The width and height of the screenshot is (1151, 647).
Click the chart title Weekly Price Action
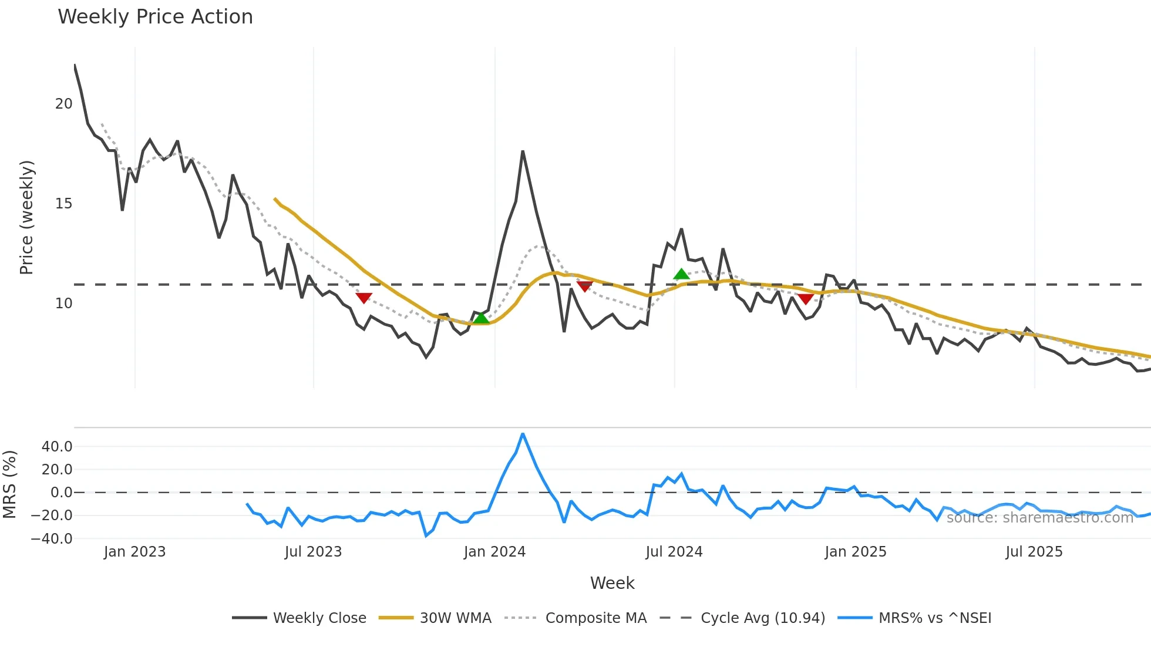pyautogui.click(x=155, y=17)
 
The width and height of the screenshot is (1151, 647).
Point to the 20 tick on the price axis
pyautogui.click(x=63, y=104)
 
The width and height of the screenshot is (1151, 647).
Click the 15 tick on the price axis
pyautogui.click(x=63, y=204)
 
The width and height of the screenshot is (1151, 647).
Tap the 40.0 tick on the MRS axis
pyautogui.click(x=57, y=447)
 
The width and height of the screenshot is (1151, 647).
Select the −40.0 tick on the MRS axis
pyautogui.click(x=52, y=539)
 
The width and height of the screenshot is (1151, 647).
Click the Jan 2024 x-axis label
pyautogui.click(x=494, y=552)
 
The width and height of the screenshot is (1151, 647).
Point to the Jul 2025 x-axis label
pyautogui.click(x=1034, y=552)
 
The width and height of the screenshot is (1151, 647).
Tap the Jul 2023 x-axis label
pyautogui.click(x=313, y=552)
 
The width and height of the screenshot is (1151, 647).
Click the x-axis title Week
pyautogui.click(x=612, y=583)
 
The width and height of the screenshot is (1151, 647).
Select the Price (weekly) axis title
pyautogui.click(x=27, y=217)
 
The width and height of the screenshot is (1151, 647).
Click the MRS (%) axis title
pyautogui.click(x=10, y=484)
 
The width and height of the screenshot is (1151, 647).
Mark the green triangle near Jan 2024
pyautogui.click(x=482, y=318)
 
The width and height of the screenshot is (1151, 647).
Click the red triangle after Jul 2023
pyautogui.click(x=364, y=298)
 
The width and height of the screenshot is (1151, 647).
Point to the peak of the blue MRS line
pyautogui.click(x=523, y=434)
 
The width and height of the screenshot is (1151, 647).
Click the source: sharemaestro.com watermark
pyautogui.click(x=1039, y=518)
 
